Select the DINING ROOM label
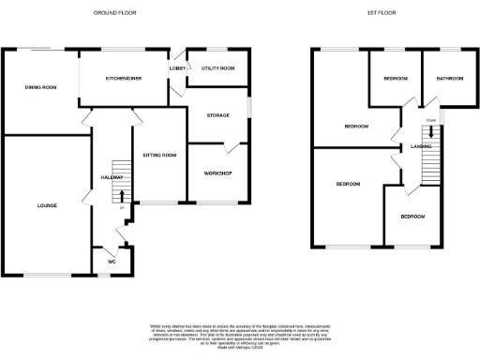tap(41, 87)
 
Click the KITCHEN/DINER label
tap(124, 79)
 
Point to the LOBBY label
tap(176, 68)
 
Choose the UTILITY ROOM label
tap(217, 68)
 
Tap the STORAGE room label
tap(218, 113)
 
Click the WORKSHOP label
tap(218, 174)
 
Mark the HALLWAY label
tap(113, 177)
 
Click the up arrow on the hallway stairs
tap(122, 196)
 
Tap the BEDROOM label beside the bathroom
tap(395, 79)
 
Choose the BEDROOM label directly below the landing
tap(412, 217)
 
